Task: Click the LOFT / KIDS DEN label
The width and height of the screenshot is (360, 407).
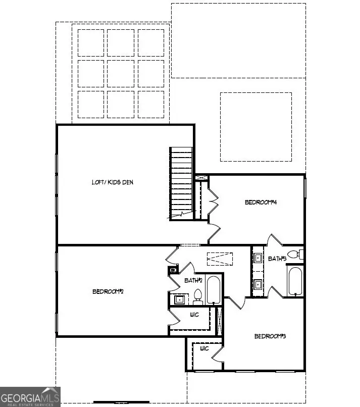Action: point(112,182)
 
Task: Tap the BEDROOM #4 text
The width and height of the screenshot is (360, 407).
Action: point(261,202)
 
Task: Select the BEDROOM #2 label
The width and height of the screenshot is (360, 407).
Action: point(108,291)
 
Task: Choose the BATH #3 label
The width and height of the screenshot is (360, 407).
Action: point(277,259)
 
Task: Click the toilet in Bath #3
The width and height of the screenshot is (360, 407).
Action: point(293,254)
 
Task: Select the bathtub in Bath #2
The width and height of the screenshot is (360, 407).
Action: point(214,290)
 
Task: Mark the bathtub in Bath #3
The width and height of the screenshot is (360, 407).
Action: point(295,282)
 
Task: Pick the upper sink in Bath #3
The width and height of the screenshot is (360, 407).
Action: point(258,258)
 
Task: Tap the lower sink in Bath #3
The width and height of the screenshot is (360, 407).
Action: point(258,284)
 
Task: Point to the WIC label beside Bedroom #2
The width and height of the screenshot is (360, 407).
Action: point(194,315)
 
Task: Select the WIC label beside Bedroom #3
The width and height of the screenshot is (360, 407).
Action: point(204,348)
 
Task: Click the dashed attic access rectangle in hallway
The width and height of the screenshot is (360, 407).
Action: point(220,259)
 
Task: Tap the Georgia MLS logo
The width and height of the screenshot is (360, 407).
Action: point(30,396)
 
